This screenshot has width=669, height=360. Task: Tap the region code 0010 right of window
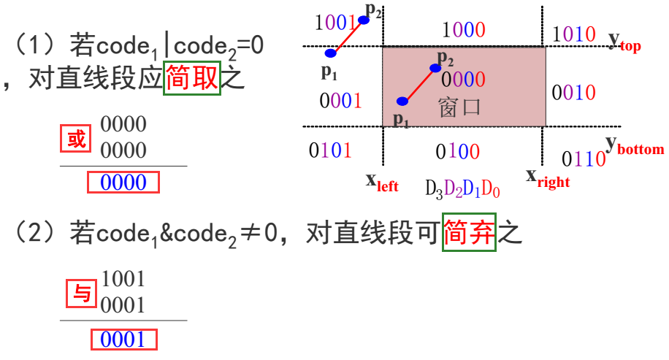(573, 93)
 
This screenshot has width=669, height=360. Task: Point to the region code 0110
(584, 158)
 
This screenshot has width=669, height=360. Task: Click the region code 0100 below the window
(457, 151)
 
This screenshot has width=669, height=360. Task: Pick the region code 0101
(329, 150)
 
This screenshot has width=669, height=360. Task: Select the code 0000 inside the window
(462, 79)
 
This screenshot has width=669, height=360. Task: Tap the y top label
(624, 40)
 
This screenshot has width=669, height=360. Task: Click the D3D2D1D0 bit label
(463, 189)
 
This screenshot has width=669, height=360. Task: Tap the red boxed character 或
(76, 139)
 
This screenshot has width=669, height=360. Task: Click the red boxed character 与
(81, 294)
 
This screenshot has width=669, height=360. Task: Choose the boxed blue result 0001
(123, 340)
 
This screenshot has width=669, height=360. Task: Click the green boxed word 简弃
(470, 234)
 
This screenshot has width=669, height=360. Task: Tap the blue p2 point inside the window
(435, 68)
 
